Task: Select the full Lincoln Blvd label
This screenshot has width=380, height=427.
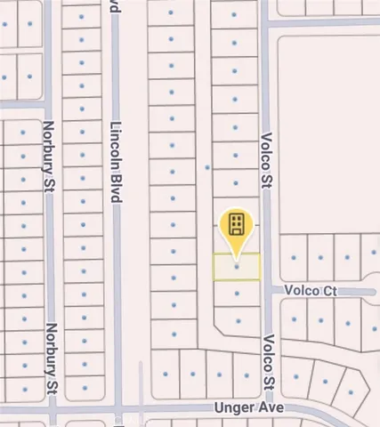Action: tap(115, 162)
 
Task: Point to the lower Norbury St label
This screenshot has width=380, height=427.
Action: tap(52, 359)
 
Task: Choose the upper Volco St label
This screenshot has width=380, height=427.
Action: tap(266, 161)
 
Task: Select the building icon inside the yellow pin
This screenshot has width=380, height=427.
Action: tap(237, 222)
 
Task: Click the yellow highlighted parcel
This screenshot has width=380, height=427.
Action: tap(237, 267)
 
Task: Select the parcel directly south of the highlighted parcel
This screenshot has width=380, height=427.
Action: tap(237, 293)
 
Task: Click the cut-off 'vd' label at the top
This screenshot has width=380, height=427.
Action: tap(114, 7)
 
